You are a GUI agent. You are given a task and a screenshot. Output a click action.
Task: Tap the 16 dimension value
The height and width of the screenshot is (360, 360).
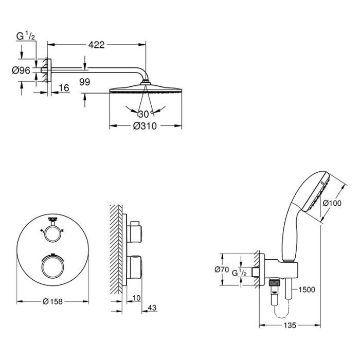pyautogui.click(x=64, y=88)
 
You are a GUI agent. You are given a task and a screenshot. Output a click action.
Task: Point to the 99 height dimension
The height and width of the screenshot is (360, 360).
pyautogui.click(x=85, y=81)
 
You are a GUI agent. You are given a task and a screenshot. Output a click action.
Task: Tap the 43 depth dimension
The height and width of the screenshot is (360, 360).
pyautogui.click(x=152, y=308)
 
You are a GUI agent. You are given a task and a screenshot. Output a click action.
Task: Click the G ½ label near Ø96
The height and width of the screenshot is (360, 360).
pyautogui.click(x=25, y=36)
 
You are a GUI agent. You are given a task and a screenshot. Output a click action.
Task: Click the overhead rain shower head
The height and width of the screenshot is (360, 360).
pyautogui.click(x=146, y=90)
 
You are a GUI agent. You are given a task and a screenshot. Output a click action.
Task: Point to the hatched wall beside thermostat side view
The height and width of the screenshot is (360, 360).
pyautogui.click(x=116, y=247)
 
